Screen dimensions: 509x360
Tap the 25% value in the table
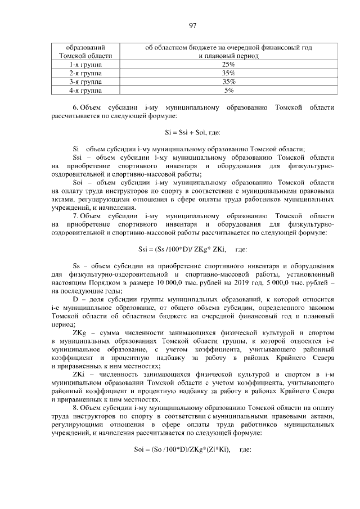tap(228, 65)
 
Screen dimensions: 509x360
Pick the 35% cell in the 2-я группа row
tap(228, 73)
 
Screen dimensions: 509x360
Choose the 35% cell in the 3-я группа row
tap(228, 82)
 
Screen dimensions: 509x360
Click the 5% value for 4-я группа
tap(228, 90)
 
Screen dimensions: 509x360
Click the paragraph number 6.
tap(75, 107)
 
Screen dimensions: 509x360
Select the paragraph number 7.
tap(75, 216)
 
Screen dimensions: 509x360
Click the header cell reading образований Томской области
tap(85, 52)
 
